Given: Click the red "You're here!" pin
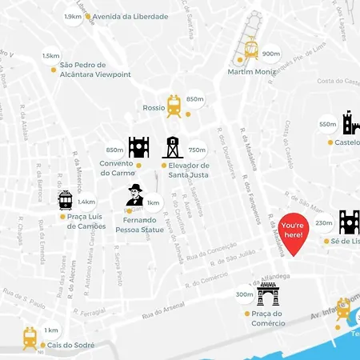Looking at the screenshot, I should tap(293, 233).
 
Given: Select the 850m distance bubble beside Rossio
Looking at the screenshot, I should tap(195, 99).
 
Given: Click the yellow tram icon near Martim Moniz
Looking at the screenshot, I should tap(251, 50).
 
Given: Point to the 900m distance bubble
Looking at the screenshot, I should tap(271, 54).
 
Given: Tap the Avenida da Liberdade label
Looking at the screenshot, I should tap(130, 16).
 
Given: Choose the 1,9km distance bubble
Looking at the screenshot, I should tap(73, 16).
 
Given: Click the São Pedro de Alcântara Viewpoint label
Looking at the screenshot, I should tap(90, 70).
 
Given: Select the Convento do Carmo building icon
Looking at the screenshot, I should tap(138, 147).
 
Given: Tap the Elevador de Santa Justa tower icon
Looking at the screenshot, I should tap(172, 147).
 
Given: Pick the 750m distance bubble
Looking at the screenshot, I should tap(197, 149).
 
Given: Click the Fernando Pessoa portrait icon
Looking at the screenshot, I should tap(135, 195).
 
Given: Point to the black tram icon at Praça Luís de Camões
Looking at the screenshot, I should tap(66, 200).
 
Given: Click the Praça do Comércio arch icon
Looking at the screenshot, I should tap(268, 294).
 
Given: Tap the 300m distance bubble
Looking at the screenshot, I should tap(245, 294).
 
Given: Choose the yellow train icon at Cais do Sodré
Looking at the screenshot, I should tap(30, 338).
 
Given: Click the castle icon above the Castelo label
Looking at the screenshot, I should tap(350, 123).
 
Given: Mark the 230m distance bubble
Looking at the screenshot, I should tap(323, 223).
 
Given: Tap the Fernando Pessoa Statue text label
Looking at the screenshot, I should tap(140, 224).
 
